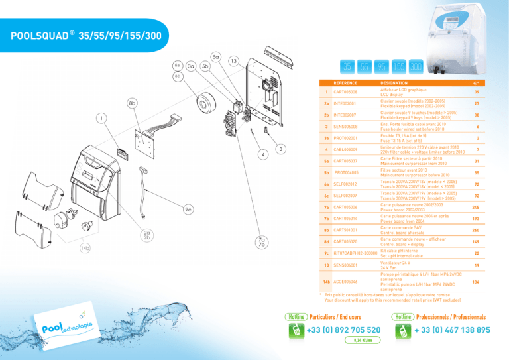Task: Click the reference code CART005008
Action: pyautogui.click(x=346, y=92)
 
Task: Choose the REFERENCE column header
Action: pyautogui.click(x=346, y=84)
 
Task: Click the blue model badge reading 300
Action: pyautogui.click(x=416, y=68)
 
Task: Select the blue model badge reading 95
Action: pyautogui.click(x=382, y=68)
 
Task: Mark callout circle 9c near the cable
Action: pyautogui.click(x=189, y=210)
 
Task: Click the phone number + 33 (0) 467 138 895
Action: pyautogui.click(x=452, y=330)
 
